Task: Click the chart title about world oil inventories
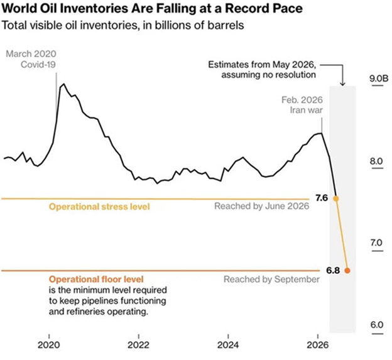pos(152,9)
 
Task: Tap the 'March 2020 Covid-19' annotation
pos(31,59)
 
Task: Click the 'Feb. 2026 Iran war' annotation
pos(302,105)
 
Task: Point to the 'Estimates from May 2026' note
pos(262,70)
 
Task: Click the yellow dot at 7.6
pos(336,199)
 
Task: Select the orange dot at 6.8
pos(347,271)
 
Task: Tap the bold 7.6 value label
pos(322,198)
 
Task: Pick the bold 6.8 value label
pos(333,271)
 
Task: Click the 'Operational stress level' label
pos(99,207)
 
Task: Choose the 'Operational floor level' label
pos(96,279)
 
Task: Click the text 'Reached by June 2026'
pos(262,206)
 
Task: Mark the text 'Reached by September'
pos(271,279)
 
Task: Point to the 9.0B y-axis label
pos(379,79)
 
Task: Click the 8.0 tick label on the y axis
pos(376,161)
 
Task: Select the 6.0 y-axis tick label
pos(377,325)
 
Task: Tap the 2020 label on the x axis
pos(49,346)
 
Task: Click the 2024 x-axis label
pos(228,346)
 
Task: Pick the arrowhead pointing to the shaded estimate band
pos(342,84)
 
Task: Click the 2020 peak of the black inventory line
pos(64,84)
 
